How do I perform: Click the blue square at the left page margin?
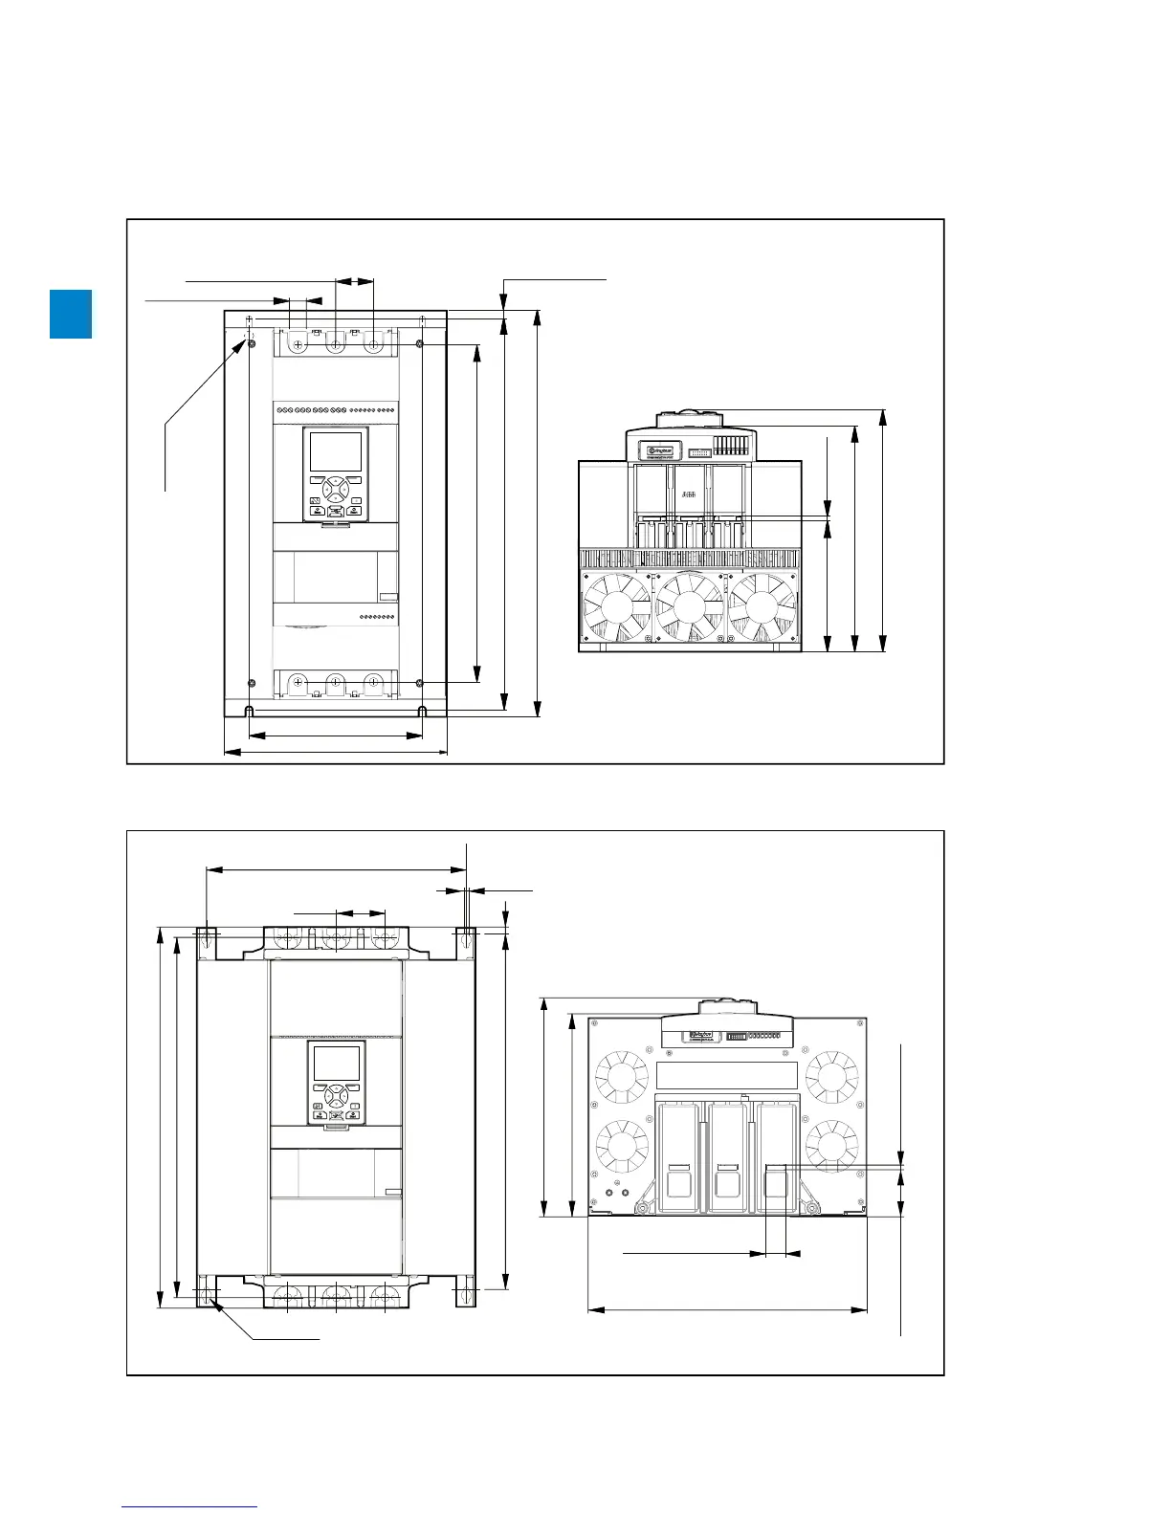(x=71, y=314)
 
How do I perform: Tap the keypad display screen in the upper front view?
(x=336, y=451)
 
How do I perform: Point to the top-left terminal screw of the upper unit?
(x=298, y=344)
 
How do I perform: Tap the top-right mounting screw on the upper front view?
(x=420, y=343)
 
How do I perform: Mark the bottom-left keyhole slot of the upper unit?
(x=249, y=711)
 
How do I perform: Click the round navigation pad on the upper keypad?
(x=336, y=489)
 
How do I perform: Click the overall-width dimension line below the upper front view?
(x=336, y=752)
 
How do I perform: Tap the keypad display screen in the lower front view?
(x=336, y=1073)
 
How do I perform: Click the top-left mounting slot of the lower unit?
(x=208, y=942)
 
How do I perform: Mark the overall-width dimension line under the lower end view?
(x=727, y=1309)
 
